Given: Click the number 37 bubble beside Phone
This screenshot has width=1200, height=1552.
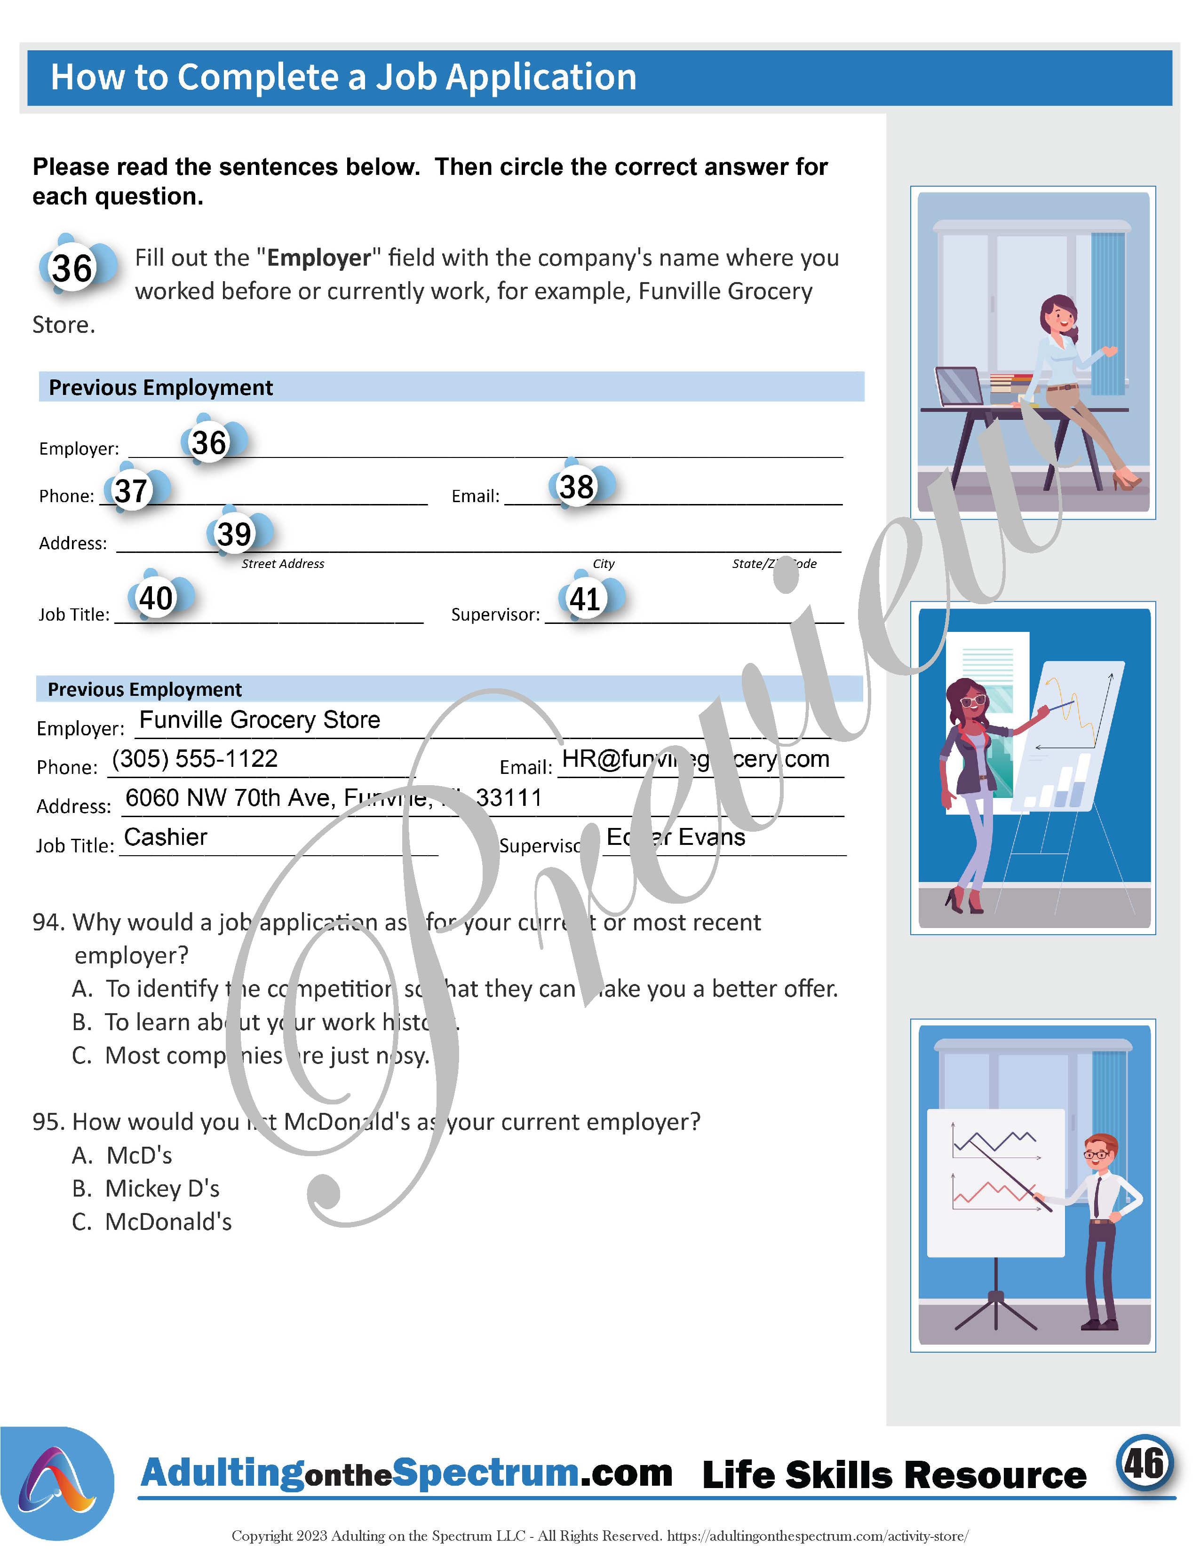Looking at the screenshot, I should [x=132, y=491].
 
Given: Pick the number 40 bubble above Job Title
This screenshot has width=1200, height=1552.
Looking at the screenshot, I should [x=156, y=599].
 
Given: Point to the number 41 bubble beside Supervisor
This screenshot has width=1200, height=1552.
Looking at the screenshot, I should [x=586, y=599].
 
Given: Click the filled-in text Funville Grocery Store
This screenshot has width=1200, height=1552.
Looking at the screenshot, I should [x=260, y=720].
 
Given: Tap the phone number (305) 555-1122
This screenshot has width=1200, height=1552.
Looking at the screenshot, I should [x=194, y=759].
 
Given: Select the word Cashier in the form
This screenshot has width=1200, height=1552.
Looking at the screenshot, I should [x=166, y=837].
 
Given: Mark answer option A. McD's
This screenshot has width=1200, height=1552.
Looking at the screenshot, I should [x=122, y=1156].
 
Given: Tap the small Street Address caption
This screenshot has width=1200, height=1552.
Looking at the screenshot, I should [x=282, y=564].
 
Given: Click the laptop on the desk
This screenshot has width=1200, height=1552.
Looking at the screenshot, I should [x=958, y=386].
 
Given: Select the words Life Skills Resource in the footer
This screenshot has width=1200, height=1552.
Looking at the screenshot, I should [x=894, y=1475].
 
